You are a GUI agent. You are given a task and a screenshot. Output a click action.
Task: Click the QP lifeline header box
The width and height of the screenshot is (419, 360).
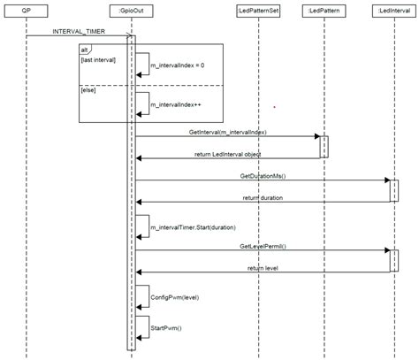[27, 10]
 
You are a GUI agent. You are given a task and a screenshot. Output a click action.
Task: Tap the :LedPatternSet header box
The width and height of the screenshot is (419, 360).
[259, 10]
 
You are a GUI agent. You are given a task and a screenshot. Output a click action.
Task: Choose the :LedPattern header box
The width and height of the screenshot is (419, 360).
[322, 10]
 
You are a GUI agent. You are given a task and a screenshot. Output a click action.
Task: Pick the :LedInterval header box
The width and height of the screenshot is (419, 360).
[392, 10]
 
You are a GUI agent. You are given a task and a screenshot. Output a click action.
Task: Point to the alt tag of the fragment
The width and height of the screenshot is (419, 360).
[86, 49]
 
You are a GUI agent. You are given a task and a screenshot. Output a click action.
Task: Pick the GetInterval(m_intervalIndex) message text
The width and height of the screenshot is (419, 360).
[228, 132]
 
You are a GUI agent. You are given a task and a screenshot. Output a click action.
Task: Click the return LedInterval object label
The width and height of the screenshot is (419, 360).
[227, 154]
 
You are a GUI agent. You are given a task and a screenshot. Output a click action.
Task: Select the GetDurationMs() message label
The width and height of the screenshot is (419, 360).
[263, 176]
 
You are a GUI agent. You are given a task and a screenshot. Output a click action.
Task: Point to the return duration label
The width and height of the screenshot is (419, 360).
[263, 197]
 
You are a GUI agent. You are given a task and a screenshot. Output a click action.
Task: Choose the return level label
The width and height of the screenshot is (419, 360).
[263, 267]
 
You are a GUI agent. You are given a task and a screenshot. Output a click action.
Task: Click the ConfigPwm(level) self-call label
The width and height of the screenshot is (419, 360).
[173, 297]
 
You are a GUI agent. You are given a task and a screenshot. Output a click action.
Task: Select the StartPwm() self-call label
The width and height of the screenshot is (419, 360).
[166, 327]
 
